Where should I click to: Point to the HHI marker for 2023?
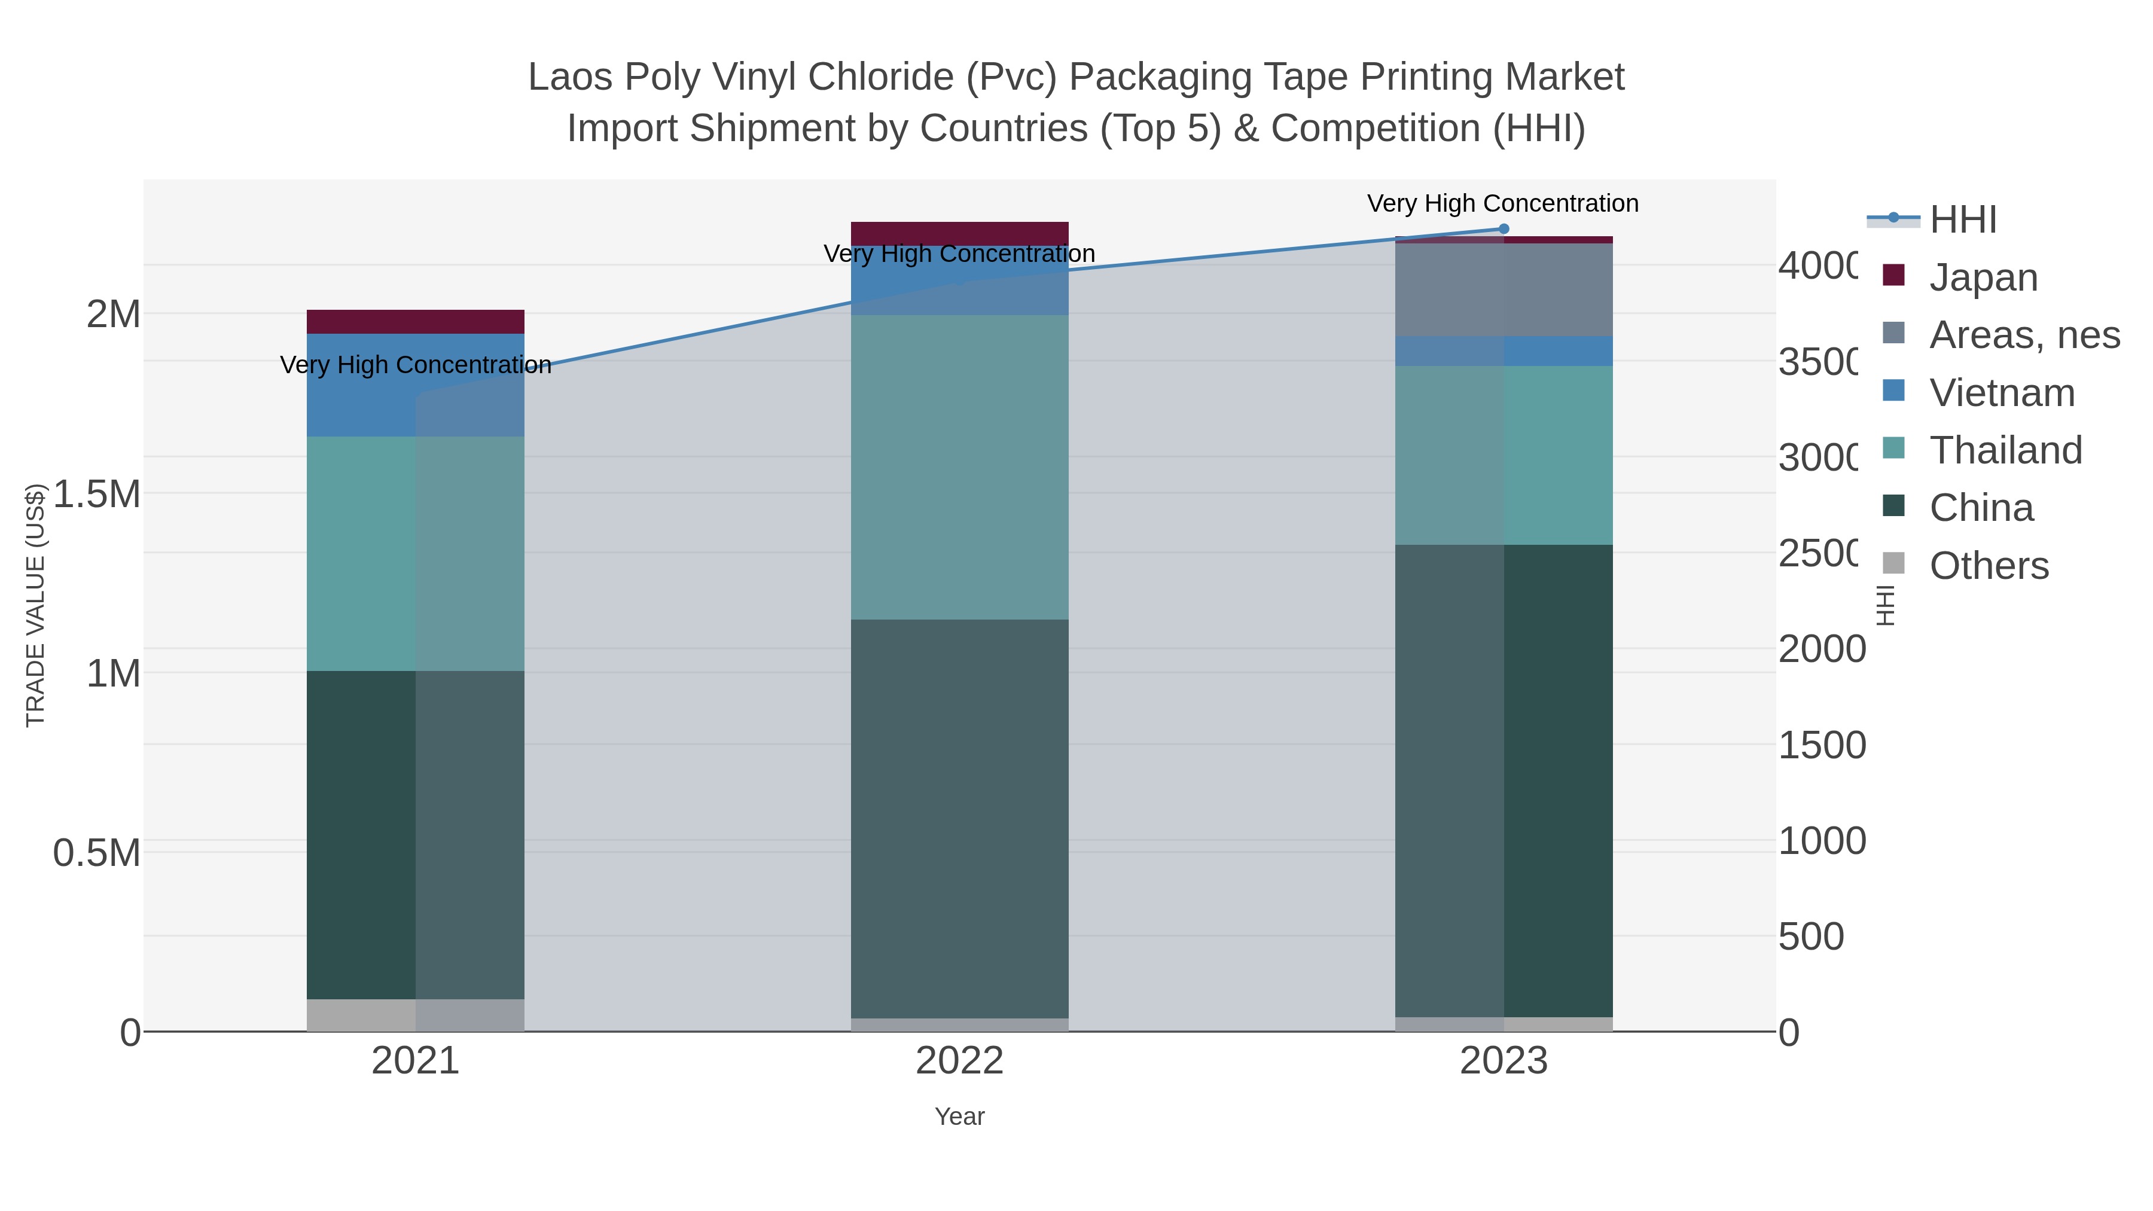pyautogui.click(x=1503, y=229)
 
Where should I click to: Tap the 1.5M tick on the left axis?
pyautogui.click(x=96, y=494)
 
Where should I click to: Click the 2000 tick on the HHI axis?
pyautogui.click(x=1821, y=649)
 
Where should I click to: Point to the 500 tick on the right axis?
pyautogui.click(x=1810, y=937)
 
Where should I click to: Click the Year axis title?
pyautogui.click(x=959, y=1117)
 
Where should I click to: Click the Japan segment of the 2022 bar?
pyautogui.click(x=959, y=233)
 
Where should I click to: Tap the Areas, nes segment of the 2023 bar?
pyautogui.click(x=1503, y=289)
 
